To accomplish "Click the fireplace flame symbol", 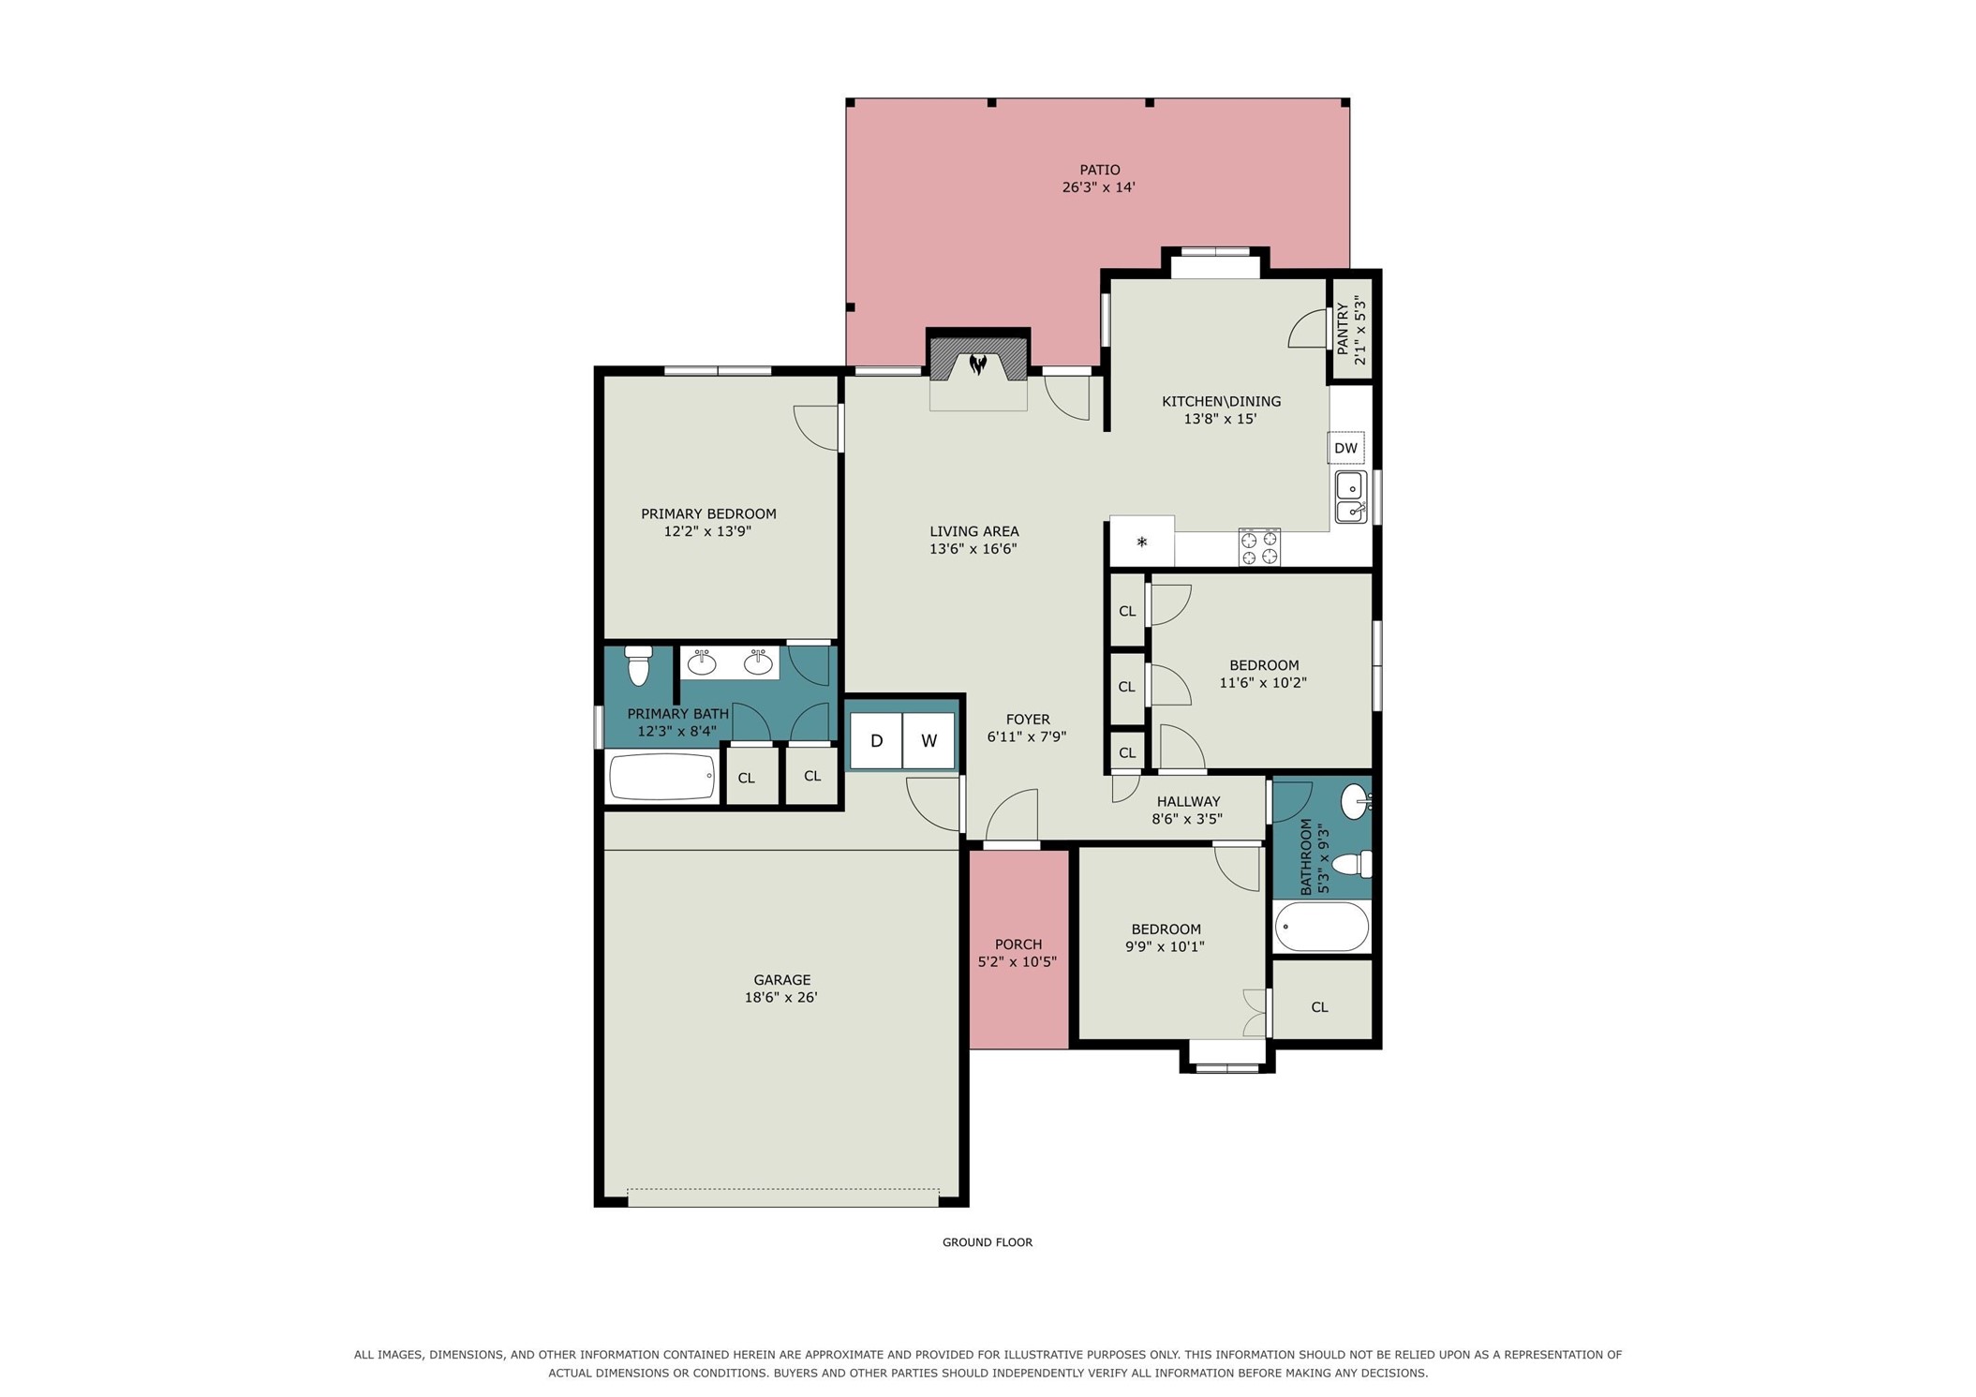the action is [x=977, y=364].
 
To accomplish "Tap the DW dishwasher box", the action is [x=1345, y=448].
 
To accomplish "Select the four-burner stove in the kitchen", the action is [x=1258, y=547].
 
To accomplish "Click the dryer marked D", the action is [x=876, y=741].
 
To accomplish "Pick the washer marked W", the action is [x=929, y=741].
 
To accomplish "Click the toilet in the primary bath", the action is [x=638, y=664].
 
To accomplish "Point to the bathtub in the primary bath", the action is [x=662, y=776].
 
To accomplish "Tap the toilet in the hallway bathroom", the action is [x=1352, y=864].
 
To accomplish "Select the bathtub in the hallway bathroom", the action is [x=1321, y=927].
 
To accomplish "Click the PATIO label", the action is [x=1099, y=170].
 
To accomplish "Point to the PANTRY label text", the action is [x=1342, y=329].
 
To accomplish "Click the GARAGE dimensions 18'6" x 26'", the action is [x=781, y=997].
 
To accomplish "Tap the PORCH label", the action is [x=1018, y=944].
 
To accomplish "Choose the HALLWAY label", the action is [x=1188, y=801].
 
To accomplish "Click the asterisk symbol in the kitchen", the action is [x=1141, y=542].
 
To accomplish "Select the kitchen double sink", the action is [x=1350, y=498].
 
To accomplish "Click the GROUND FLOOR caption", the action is [x=988, y=1242].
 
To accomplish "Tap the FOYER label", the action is [x=1028, y=720].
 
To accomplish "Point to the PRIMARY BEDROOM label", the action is [x=708, y=513].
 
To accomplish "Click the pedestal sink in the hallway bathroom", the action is [x=1356, y=801].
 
